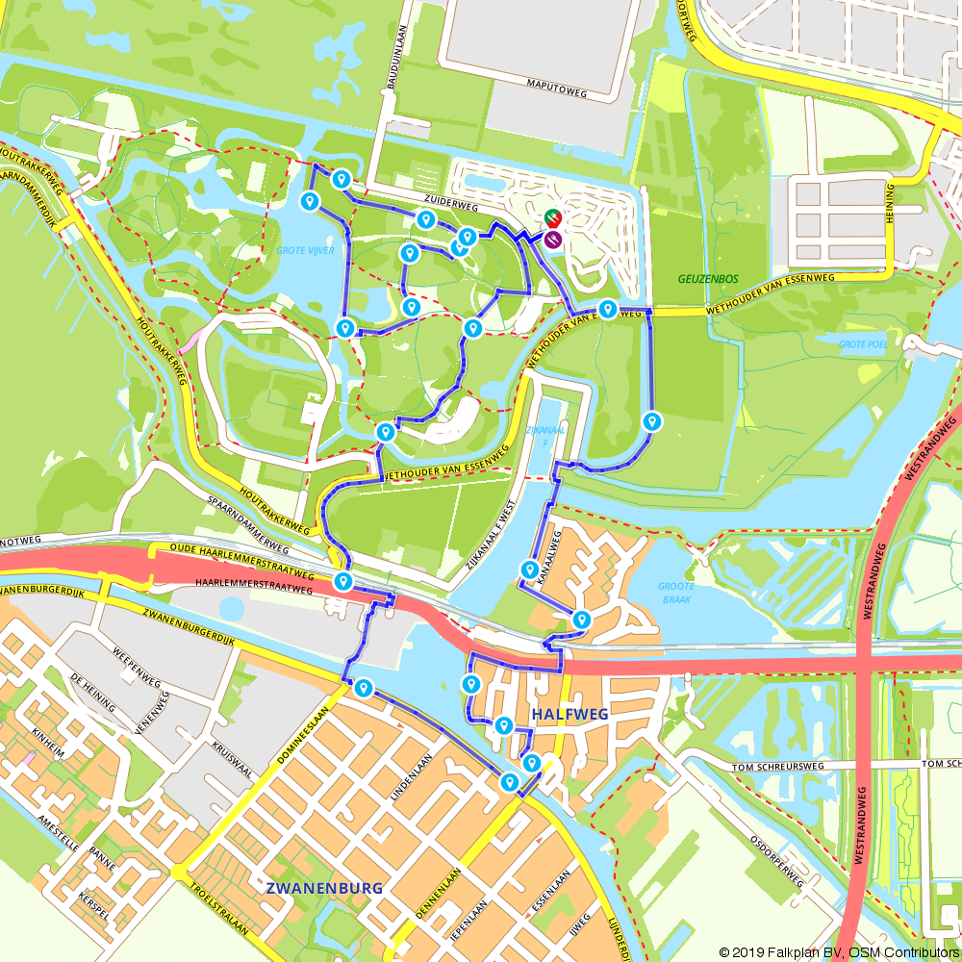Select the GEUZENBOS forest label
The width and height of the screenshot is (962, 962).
(x=706, y=279)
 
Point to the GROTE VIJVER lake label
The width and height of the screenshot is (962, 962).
(x=305, y=250)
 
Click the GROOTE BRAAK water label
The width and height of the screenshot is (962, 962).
(x=676, y=593)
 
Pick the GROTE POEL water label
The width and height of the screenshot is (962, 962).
(x=863, y=343)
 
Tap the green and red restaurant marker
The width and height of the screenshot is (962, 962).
(x=552, y=219)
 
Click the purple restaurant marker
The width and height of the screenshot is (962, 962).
(x=553, y=240)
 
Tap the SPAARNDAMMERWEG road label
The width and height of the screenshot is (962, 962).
(x=259, y=515)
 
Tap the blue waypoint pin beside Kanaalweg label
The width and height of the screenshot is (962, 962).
(x=528, y=570)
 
